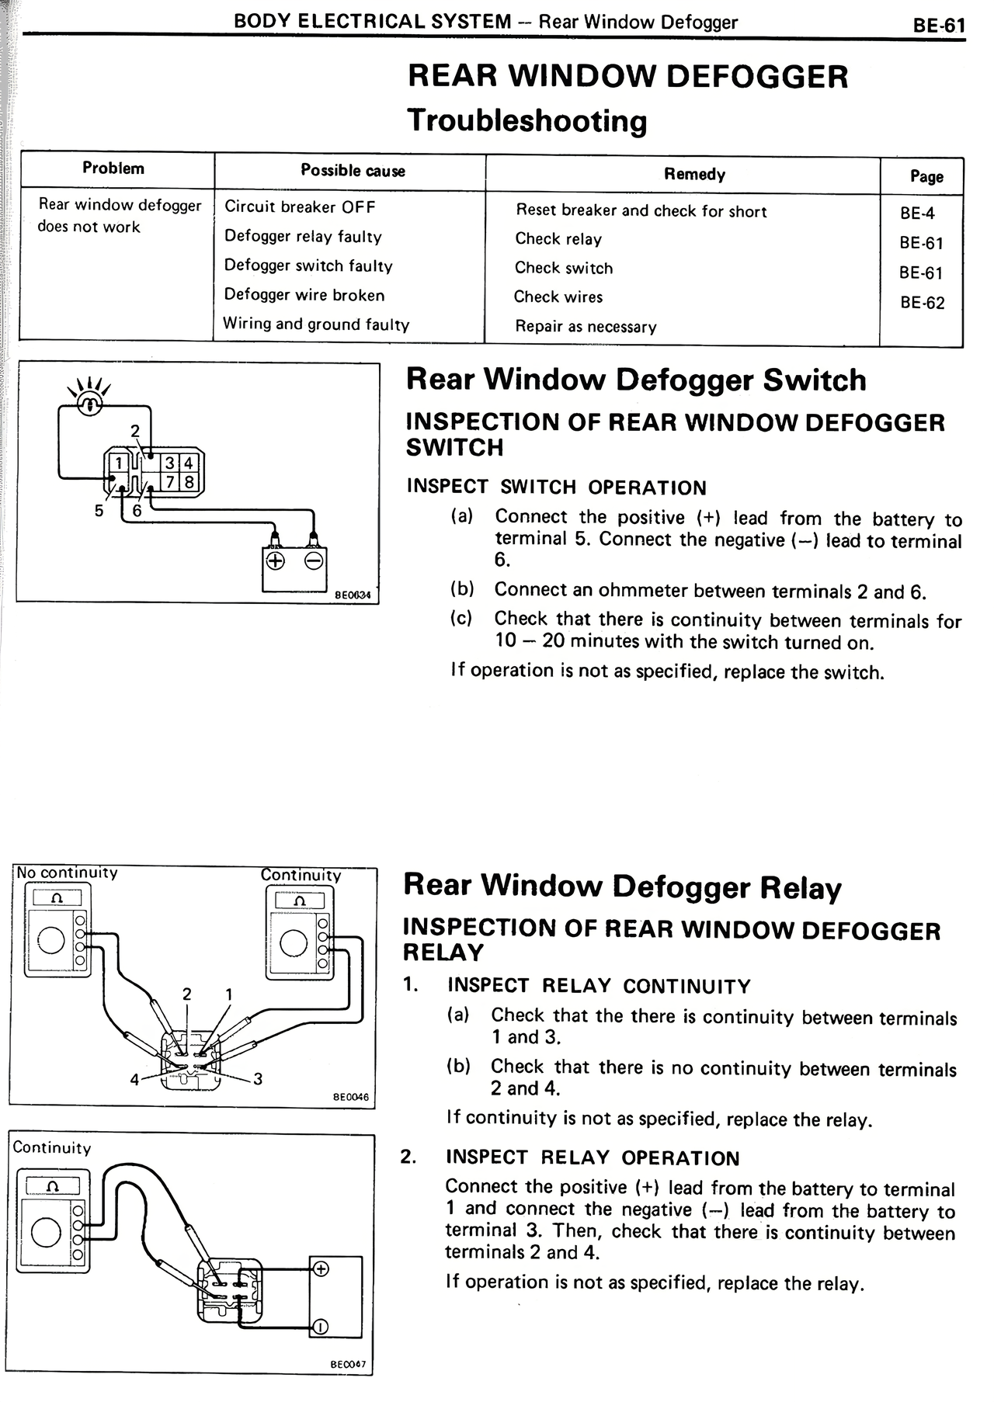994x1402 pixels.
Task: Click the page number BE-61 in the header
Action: (939, 26)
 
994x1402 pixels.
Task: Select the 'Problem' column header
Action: (113, 168)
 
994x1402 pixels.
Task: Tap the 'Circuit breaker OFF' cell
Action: (300, 206)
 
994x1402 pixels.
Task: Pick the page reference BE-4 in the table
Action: (917, 213)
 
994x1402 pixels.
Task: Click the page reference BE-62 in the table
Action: (923, 303)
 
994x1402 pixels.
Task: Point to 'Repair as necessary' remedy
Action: (586, 327)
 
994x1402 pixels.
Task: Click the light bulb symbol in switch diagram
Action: (90, 404)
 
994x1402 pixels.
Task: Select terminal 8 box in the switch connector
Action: (189, 483)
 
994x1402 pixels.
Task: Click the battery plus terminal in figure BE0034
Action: (276, 560)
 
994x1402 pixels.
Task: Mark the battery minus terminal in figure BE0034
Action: (314, 560)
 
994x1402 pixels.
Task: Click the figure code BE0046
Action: (351, 1097)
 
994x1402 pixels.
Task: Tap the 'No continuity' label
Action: (67, 873)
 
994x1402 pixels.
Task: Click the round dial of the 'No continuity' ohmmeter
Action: (51, 941)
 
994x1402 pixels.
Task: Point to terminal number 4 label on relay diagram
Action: (134, 1079)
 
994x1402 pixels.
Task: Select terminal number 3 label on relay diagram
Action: (258, 1078)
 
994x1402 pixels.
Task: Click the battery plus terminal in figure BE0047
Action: (320, 1269)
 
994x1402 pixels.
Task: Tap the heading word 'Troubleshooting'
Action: (527, 121)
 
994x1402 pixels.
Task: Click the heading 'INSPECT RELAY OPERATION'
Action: (593, 1158)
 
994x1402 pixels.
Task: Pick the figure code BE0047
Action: (348, 1364)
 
